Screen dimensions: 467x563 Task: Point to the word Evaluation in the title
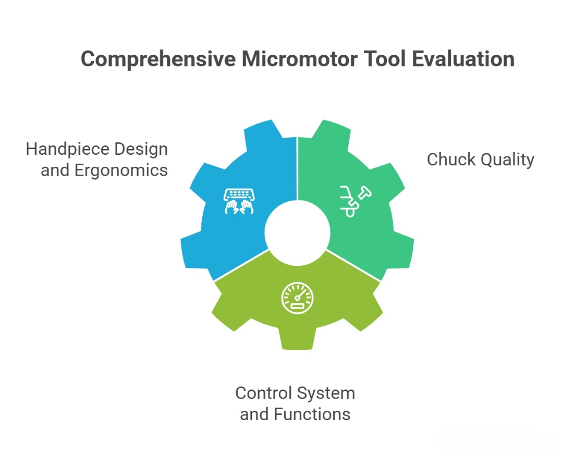pos(463,59)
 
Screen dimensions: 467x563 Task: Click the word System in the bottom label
pos(328,392)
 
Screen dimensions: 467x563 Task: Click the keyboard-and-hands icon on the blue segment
pos(238,201)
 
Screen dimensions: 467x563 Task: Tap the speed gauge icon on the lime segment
pos(298,299)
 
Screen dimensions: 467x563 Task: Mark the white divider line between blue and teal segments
pos(297,167)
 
